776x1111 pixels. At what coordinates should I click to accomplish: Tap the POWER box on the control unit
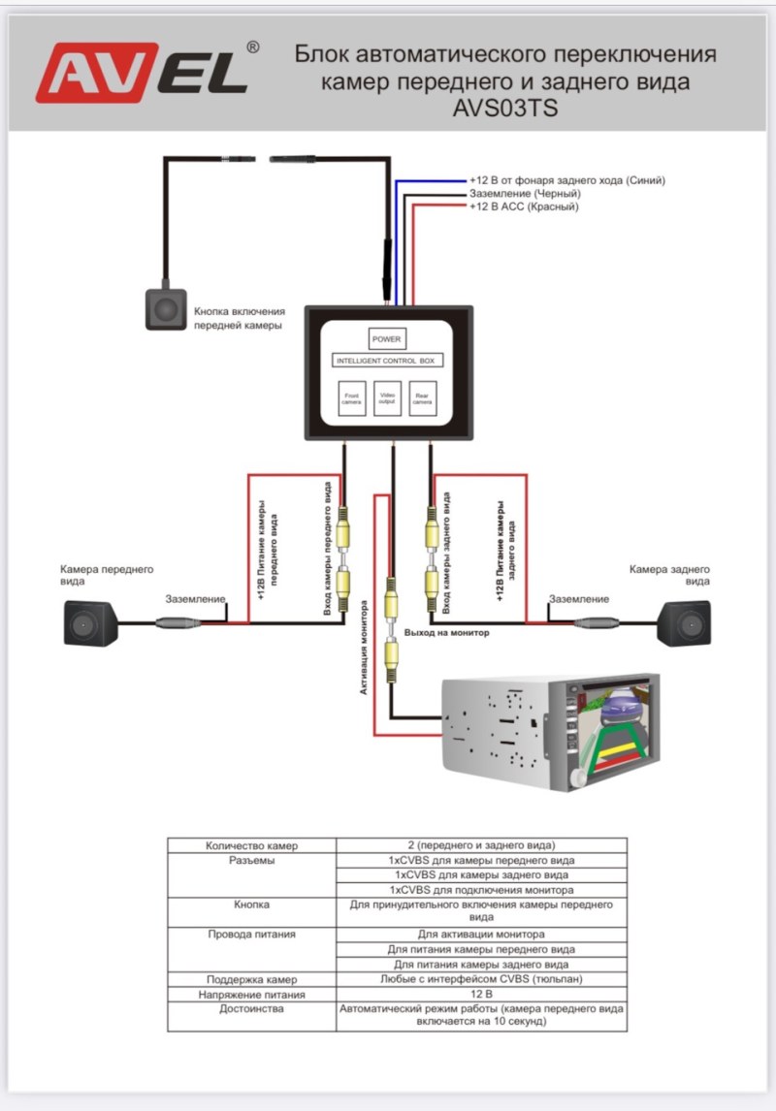click(386, 339)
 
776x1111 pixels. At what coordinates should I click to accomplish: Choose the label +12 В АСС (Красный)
click(524, 206)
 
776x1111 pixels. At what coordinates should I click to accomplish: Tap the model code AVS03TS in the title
click(504, 109)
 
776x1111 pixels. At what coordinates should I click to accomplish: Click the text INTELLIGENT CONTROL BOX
click(387, 361)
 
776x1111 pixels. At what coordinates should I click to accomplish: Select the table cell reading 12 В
click(482, 994)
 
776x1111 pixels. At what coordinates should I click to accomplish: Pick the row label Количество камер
click(251, 845)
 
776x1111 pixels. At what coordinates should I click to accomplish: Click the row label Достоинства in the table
click(251, 1008)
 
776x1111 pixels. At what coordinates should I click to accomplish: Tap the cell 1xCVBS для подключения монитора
click(482, 889)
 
